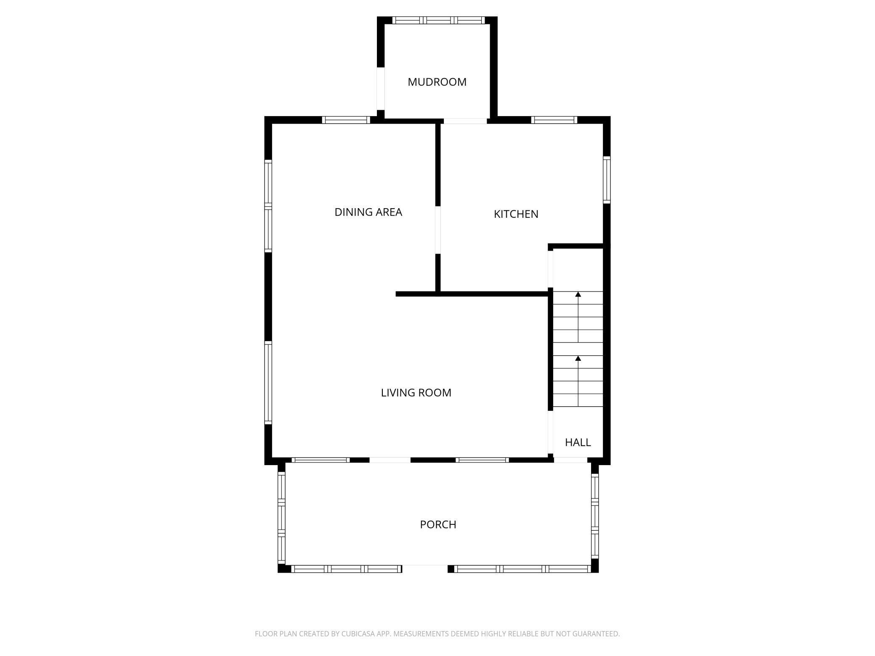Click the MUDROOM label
click(437, 82)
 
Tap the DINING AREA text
click(368, 212)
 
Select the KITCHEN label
click(516, 214)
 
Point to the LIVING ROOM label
click(416, 393)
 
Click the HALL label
click(578, 442)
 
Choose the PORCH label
click(438, 524)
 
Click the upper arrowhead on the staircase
click(578, 294)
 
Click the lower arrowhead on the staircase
click(578, 358)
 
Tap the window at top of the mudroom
click(438, 20)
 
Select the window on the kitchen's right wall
click(607, 180)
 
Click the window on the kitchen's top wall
click(554, 120)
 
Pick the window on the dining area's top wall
click(346, 120)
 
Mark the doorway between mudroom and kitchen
click(465, 121)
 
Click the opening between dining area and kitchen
click(437, 230)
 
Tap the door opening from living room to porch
click(390, 460)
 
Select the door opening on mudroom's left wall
click(381, 88)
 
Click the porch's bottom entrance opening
click(425, 569)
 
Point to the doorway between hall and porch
click(570, 460)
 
